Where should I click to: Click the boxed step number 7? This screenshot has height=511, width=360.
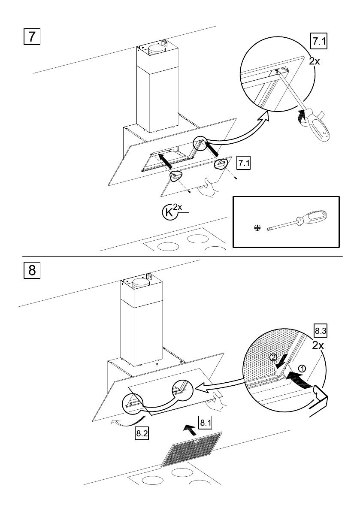click(x=32, y=36)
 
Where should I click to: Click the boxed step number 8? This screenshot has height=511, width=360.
click(x=32, y=271)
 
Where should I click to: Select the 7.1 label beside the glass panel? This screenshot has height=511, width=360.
click(x=244, y=164)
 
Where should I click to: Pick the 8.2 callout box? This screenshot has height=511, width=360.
click(x=142, y=433)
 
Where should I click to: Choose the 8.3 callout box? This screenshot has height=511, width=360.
click(x=320, y=331)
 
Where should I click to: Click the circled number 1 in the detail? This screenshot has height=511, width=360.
click(x=302, y=368)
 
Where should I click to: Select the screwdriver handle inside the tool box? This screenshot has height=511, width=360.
click(x=315, y=218)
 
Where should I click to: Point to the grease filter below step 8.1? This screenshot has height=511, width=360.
click(x=191, y=449)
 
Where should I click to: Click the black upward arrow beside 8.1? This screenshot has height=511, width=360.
click(x=188, y=426)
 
